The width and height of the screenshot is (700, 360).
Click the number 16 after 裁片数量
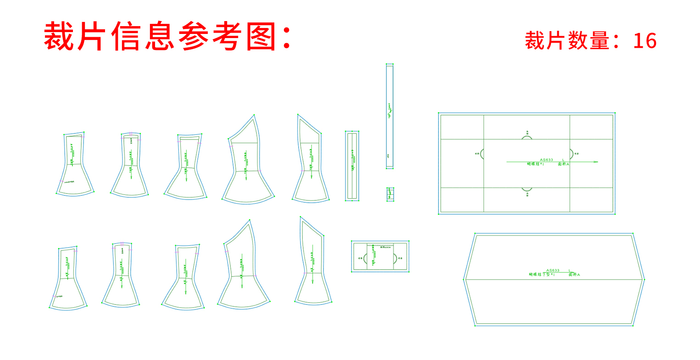click(644, 41)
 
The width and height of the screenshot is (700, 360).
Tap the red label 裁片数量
click(567, 41)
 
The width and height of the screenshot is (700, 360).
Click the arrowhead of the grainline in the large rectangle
click(596, 162)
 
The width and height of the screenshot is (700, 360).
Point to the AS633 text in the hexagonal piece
click(552, 271)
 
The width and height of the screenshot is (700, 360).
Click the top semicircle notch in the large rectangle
click(527, 137)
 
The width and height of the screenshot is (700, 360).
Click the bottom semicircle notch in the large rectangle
click(527, 188)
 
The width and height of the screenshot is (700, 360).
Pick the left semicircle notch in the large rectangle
click(482, 154)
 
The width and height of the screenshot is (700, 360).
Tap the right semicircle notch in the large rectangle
click(571, 154)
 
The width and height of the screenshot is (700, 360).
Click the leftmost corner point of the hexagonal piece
click(464, 279)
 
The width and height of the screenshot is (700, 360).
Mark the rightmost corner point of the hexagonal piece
click(644, 279)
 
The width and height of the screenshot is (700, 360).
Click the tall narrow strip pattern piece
click(389, 116)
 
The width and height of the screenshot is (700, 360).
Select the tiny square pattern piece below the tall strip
click(390, 194)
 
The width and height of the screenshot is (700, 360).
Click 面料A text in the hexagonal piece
click(574, 275)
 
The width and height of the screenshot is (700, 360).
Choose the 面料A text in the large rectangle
click(563, 164)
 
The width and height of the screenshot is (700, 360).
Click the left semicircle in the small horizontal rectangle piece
click(366, 258)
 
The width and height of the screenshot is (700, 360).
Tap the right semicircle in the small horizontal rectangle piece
click(394, 258)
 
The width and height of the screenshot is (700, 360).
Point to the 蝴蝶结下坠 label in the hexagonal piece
click(542, 275)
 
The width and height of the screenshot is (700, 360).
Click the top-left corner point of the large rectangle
click(439, 113)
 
